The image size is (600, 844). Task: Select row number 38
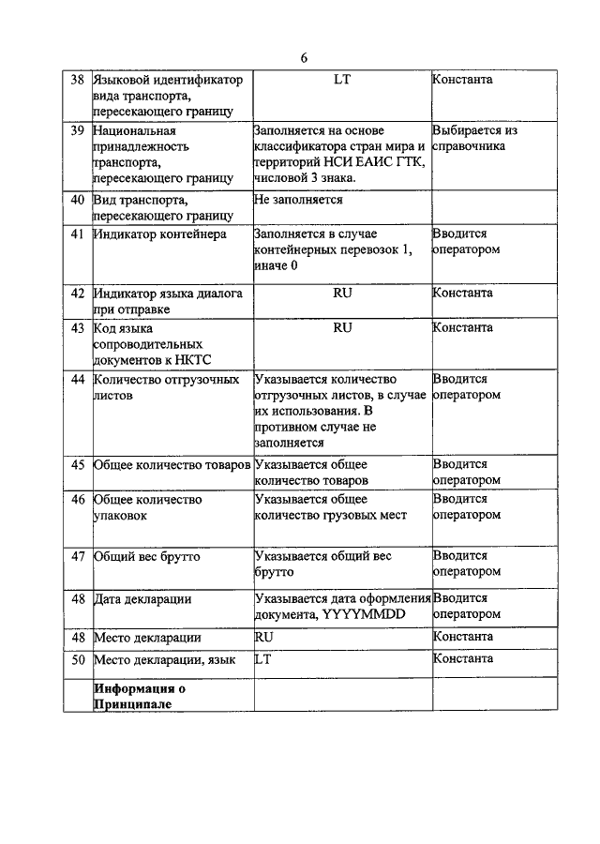click(x=79, y=80)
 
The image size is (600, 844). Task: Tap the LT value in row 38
click(x=342, y=80)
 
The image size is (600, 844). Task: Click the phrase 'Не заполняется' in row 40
click(x=298, y=199)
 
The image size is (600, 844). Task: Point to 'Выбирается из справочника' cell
click(x=475, y=139)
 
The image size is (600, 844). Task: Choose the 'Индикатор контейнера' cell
click(x=159, y=234)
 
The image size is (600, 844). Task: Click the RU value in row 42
click(x=342, y=293)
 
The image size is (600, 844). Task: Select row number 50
click(x=79, y=659)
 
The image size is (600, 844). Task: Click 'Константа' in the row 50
click(x=463, y=659)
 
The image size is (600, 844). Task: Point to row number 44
click(x=79, y=379)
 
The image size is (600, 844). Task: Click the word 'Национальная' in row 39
click(x=134, y=130)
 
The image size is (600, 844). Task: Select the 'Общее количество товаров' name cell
click(x=172, y=464)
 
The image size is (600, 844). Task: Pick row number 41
click(x=79, y=234)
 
